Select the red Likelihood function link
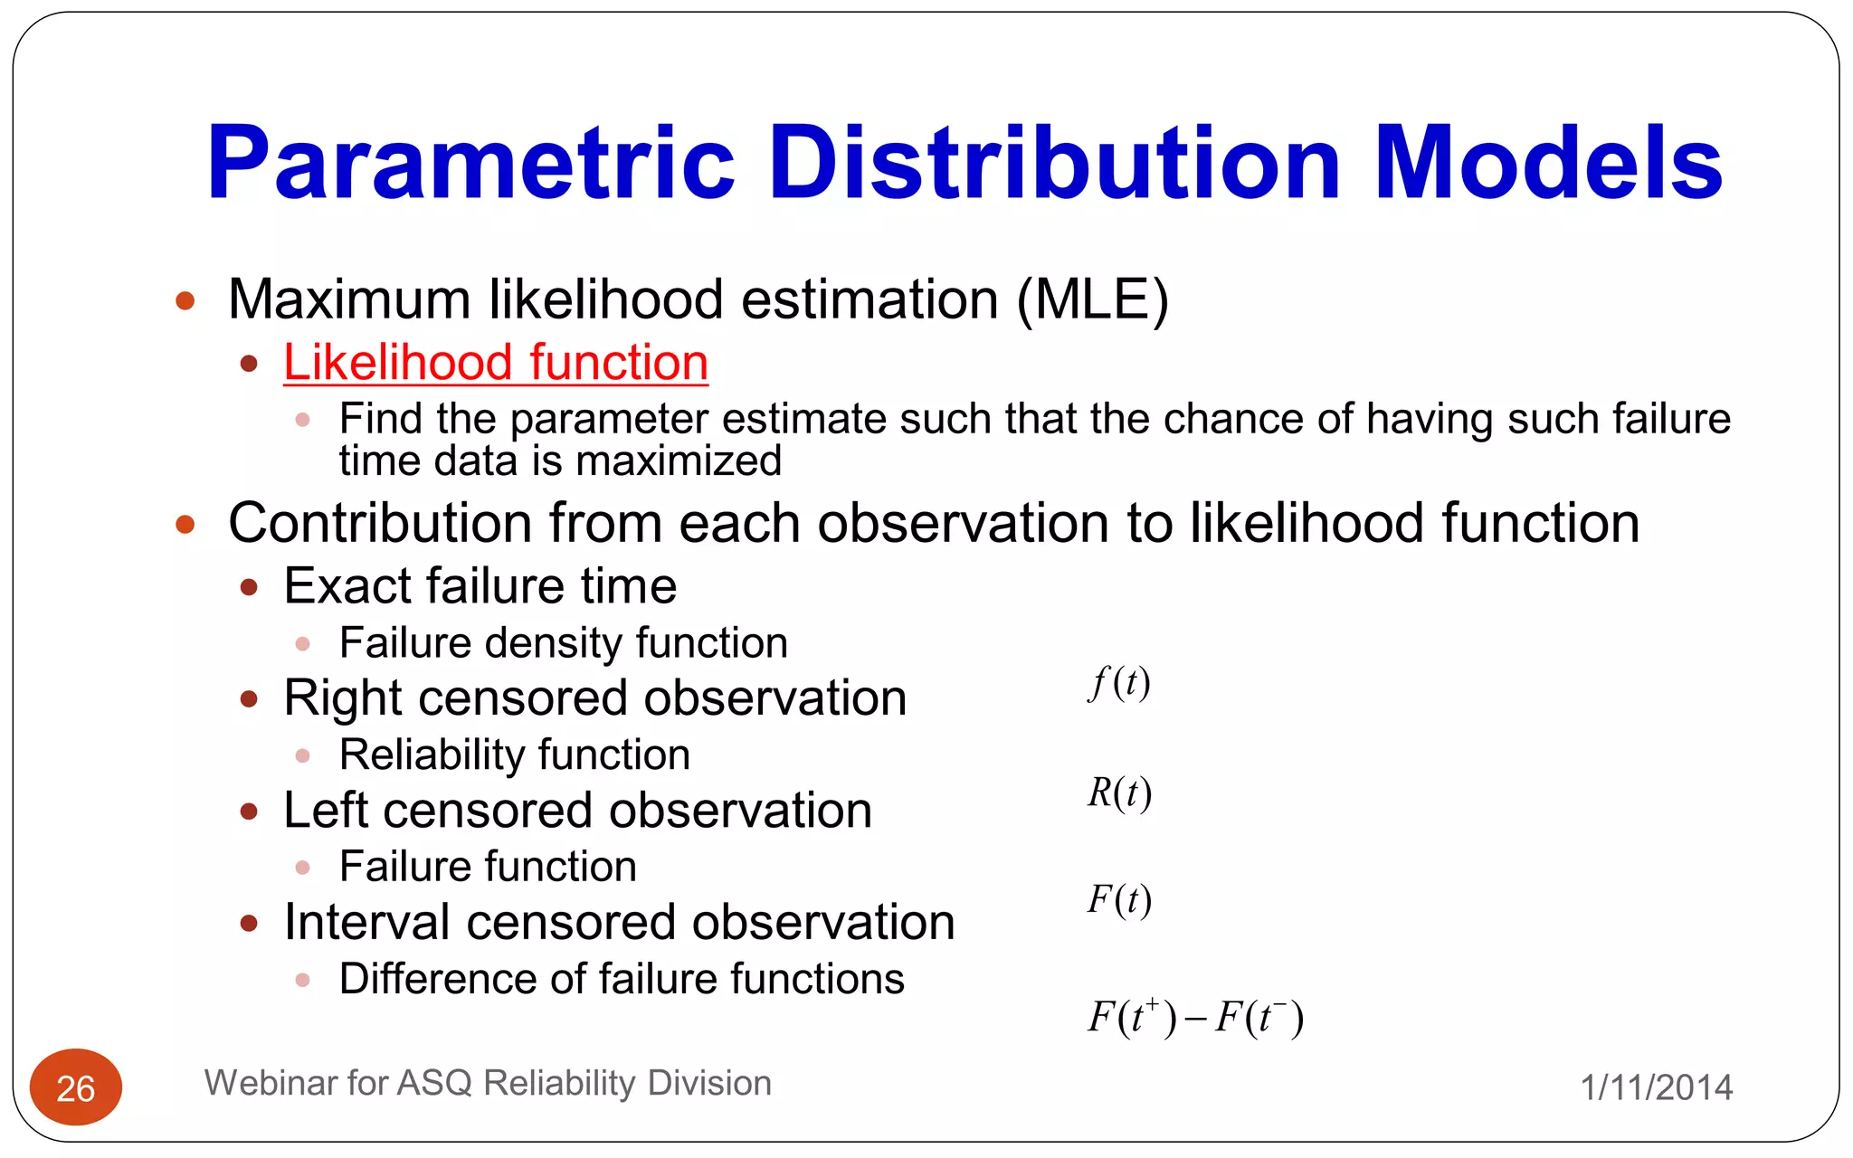point(495,363)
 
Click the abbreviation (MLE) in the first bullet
point(1092,299)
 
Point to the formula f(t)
point(1118,682)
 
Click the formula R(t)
point(1118,793)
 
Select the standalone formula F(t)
point(1118,900)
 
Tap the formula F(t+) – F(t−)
point(1194,1017)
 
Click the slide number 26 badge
point(76,1087)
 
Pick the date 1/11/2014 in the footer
point(1656,1087)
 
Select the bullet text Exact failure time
point(480,586)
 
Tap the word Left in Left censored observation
point(326,811)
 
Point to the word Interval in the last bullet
point(367,923)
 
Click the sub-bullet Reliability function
point(514,755)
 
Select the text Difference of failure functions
point(622,979)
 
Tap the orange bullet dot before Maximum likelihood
point(185,300)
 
